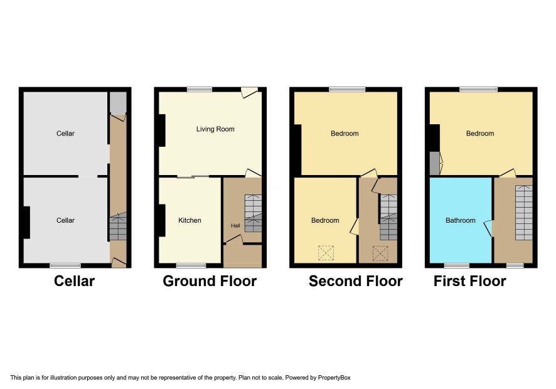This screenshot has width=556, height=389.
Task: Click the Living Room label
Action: click(215, 129)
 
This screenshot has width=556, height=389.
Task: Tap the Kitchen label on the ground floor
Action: click(190, 220)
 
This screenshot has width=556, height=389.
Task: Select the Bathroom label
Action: click(460, 220)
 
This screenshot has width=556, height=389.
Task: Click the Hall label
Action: click(235, 225)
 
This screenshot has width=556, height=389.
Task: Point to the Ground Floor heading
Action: click(210, 281)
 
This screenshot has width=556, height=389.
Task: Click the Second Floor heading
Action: click(356, 281)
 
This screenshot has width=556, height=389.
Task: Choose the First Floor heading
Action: click(470, 281)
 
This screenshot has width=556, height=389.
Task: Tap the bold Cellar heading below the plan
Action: click(74, 281)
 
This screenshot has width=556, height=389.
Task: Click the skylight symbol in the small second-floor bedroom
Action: click(326, 253)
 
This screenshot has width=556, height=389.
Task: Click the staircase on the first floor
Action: click(524, 213)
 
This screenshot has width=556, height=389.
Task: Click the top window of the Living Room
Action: click(200, 89)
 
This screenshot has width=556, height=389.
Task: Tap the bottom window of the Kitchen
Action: click(191, 265)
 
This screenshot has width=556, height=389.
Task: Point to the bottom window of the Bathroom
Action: click(457, 265)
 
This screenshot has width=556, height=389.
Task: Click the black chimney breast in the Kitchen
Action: click(162, 221)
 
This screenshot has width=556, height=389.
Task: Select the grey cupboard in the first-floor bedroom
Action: click(435, 164)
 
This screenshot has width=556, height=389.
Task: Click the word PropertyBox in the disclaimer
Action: click(334, 378)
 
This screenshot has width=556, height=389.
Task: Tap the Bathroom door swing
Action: click(488, 228)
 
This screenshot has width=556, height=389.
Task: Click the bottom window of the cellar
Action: click(65, 265)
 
